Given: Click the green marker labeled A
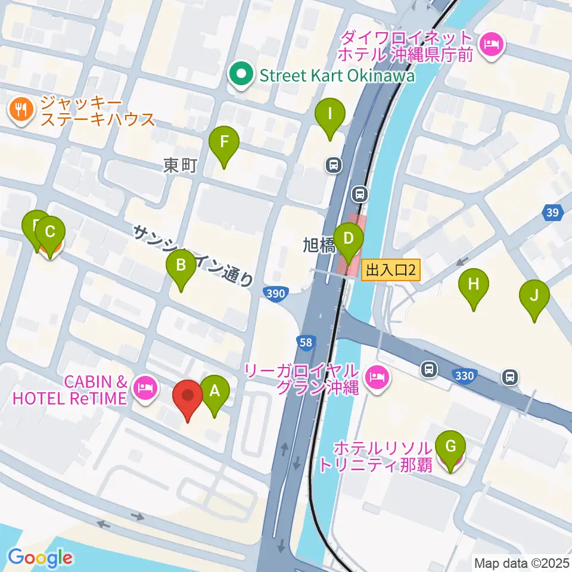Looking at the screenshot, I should tap(214, 392).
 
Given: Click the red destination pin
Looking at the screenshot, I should tap(188, 396).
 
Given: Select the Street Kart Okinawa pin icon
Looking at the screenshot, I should tap(241, 75).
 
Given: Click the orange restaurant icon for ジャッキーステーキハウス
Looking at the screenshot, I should tap(21, 108).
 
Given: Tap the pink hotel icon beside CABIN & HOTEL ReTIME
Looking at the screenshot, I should tap(145, 389).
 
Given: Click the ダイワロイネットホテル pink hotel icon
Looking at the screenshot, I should tap(492, 43).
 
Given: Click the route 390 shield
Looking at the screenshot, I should tap(276, 293).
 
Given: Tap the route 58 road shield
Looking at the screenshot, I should tap(304, 341).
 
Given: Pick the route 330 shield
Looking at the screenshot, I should tap(464, 375).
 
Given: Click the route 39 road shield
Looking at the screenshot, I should tap(552, 213).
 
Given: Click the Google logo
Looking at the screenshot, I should tap(40, 558).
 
